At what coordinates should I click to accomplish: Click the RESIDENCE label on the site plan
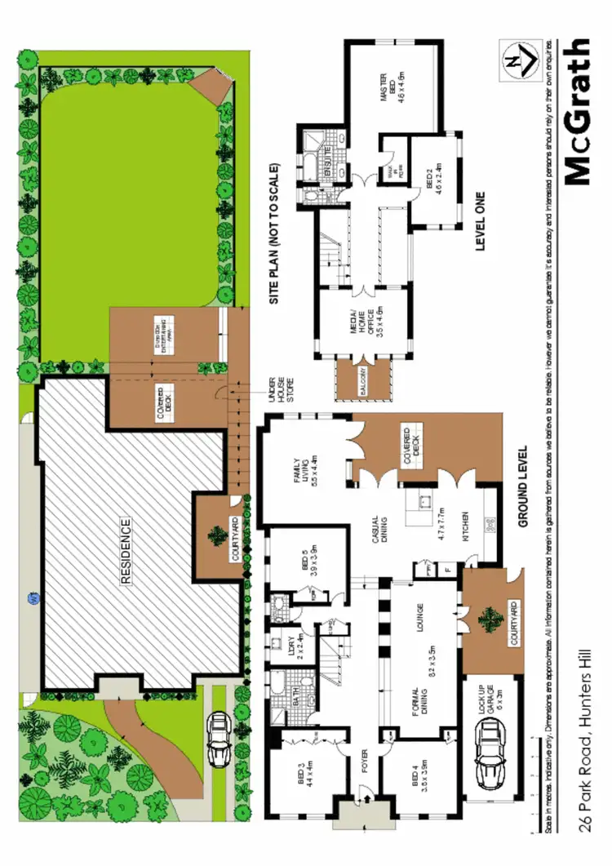pos(126,553)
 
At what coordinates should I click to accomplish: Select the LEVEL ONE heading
pos(481,221)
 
